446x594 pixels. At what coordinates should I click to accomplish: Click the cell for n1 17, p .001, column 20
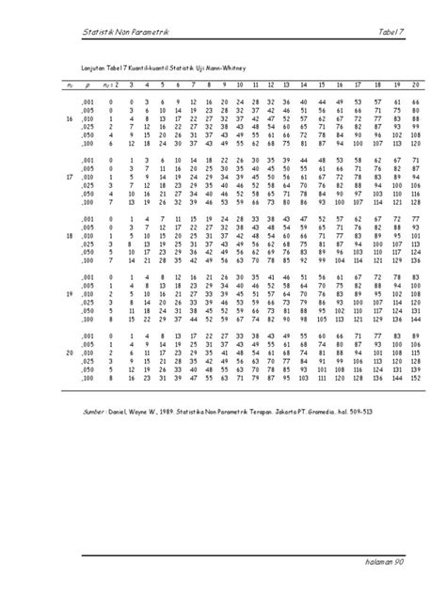pyautogui.click(x=414, y=162)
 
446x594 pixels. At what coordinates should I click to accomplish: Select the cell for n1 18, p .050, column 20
pyautogui.click(x=414, y=252)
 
